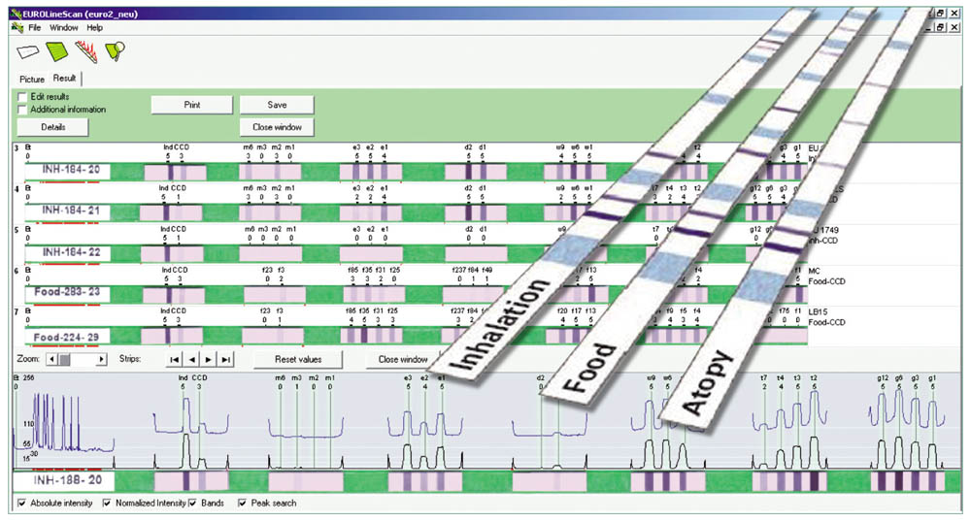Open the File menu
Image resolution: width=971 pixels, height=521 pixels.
point(35,27)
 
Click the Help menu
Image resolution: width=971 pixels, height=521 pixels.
point(94,27)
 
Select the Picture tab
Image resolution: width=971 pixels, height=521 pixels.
point(32,78)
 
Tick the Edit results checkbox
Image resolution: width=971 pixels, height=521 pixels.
point(22,96)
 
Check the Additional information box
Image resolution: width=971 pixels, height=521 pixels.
point(22,110)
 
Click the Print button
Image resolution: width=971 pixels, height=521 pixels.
point(191,104)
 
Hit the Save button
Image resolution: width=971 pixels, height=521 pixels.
point(277,104)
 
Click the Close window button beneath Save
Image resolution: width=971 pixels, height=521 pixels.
point(277,127)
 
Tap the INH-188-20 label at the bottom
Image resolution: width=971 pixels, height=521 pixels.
point(64,481)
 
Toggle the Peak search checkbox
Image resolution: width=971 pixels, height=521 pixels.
point(242,504)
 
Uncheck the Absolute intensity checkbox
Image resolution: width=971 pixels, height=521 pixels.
point(22,504)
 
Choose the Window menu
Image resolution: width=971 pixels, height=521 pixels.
point(64,27)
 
